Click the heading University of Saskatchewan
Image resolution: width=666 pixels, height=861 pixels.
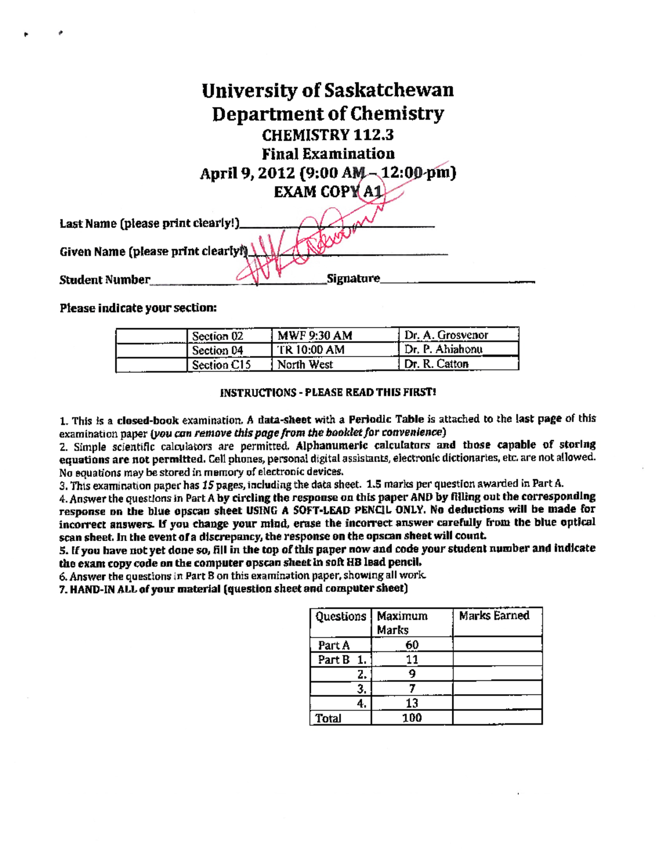coord(327,90)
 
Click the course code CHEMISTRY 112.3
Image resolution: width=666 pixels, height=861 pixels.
coord(327,135)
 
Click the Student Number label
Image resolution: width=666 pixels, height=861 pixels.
coord(104,280)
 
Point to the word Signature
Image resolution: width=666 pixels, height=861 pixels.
coord(353,278)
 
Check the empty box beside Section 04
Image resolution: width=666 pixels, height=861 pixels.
coord(151,350)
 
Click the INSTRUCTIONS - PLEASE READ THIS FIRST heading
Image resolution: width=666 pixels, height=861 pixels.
coord(327,393)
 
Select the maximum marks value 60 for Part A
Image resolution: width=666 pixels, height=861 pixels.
coord(412,645)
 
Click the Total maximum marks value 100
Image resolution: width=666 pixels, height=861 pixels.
coord(412,718)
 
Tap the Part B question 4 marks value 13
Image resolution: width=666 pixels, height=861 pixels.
coord(412,704)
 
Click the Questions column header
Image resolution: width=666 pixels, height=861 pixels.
coord(340,617)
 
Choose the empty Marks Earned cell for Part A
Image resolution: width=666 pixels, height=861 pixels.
coord(497,644)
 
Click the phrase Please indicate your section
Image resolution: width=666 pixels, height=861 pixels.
coord(138,308)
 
